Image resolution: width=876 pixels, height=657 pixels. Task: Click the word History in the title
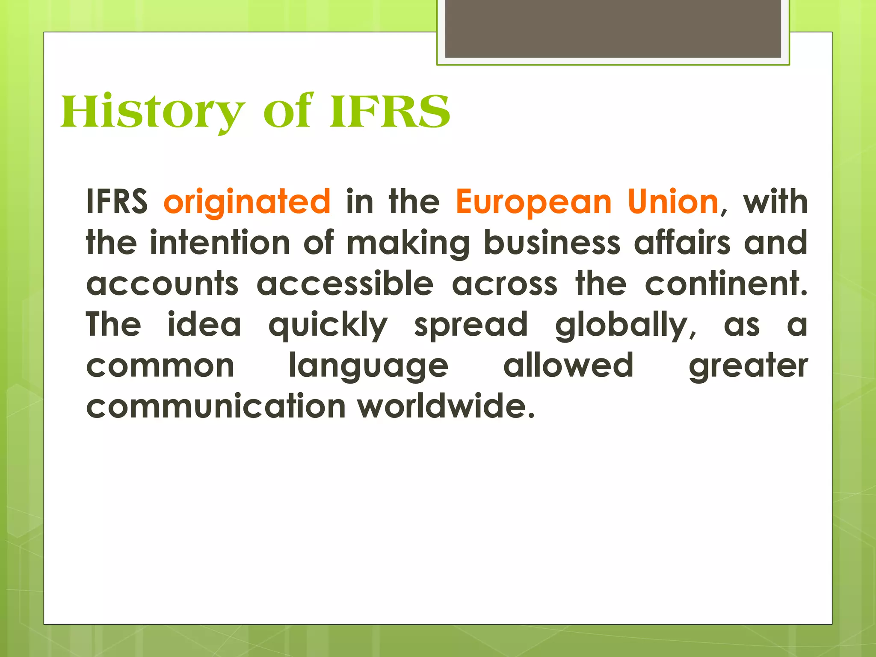point(153,112)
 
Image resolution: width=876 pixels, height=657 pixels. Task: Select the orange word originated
point(247,202)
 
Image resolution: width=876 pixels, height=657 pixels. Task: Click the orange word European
point(533,202)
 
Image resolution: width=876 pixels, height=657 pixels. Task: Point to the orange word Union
point(673,201)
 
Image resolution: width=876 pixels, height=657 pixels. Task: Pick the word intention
point(220,243)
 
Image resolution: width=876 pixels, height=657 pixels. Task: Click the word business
point(552,243)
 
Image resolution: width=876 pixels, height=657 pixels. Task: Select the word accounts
point(162,284)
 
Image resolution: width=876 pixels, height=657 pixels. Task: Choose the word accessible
point(345,284)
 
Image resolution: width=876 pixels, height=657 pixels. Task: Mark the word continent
point(726,284)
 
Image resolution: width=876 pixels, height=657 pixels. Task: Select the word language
point(368,366)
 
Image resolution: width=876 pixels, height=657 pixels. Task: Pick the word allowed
point(568,365)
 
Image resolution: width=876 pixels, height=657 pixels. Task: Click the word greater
point(748,366)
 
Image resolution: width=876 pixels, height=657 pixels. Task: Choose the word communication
point(216,406)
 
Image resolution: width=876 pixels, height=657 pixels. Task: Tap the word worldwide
point(446,406)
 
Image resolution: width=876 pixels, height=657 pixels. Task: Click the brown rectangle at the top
point(613,29)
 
